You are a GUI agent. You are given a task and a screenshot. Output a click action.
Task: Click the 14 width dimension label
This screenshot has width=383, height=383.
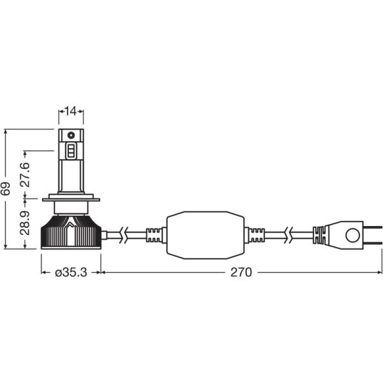[71, 111]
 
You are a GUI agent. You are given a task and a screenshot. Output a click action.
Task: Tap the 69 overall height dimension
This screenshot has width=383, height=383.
[6, 188]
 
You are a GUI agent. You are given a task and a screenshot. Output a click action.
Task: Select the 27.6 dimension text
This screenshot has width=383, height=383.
[25, 175]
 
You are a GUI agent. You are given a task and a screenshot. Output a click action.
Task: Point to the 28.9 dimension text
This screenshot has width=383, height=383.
[25, 223]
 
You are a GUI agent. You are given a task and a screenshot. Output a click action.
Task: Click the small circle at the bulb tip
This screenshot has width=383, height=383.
[71, 135]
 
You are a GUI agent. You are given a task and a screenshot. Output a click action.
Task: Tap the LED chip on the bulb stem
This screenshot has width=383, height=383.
[71, 151]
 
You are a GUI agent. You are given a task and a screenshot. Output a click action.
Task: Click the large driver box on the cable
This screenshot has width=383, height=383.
[205, 235]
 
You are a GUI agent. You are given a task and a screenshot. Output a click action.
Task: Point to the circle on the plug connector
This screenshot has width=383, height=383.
[353, 235]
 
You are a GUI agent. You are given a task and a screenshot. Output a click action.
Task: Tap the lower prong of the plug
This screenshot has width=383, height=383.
[373, 243]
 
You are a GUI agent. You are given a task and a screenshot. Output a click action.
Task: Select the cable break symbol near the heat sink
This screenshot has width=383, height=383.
[124, 235]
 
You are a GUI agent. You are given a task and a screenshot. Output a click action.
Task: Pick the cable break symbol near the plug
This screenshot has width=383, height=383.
[289, 235]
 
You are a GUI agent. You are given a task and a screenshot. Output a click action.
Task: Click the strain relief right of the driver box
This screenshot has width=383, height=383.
[254, 235]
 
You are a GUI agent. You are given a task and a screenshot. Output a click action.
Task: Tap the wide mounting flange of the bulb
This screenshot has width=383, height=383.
[71, 200]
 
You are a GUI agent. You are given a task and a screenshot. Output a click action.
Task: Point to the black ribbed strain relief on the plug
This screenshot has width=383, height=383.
[319, 235]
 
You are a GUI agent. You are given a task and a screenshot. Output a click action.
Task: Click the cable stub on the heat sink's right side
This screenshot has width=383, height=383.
[104, 235]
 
